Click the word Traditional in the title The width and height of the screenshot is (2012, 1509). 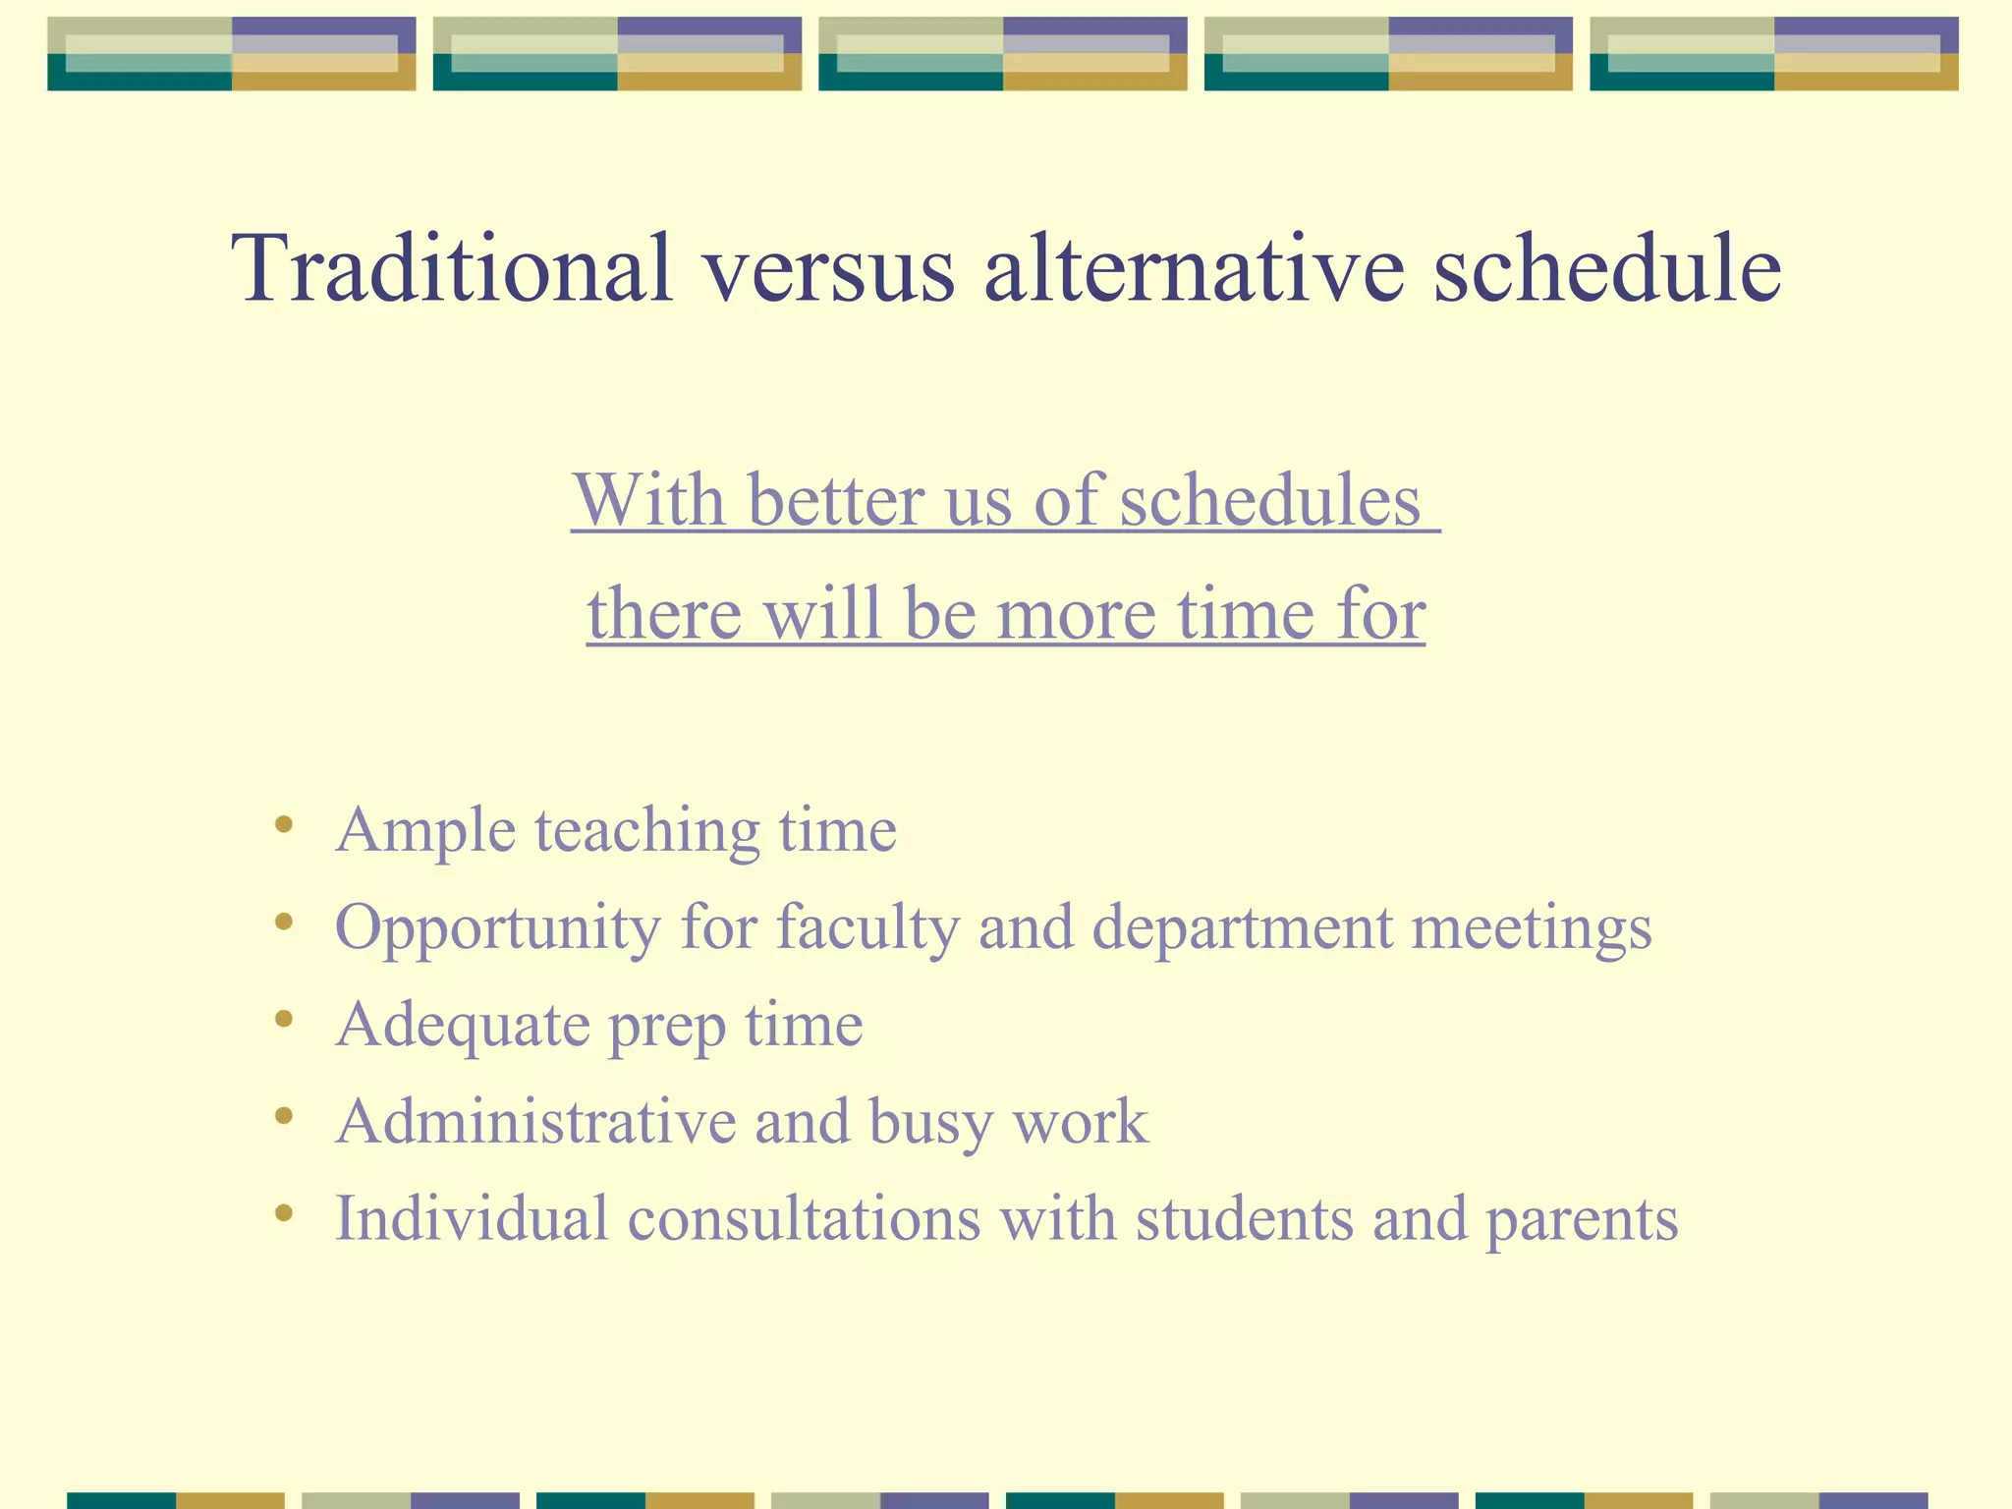click(452, 267)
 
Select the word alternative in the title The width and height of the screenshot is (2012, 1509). click(1194, 267)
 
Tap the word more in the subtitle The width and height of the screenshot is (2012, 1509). click(1076, 613)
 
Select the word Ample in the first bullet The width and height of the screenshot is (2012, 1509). click(425, 831)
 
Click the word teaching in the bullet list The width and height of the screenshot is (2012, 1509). click(647, 831)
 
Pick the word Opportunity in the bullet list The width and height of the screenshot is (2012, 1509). click(498, 927)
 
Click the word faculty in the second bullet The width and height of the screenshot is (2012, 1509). click(867, 927)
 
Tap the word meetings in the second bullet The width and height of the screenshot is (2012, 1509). click(1532, 927)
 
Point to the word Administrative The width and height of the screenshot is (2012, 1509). click(535, 1121)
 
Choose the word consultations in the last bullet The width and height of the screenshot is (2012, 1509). click(804, 1218)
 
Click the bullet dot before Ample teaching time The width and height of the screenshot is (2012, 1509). click(284, 825)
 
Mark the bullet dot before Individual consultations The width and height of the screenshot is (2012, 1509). click(284, 1213)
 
